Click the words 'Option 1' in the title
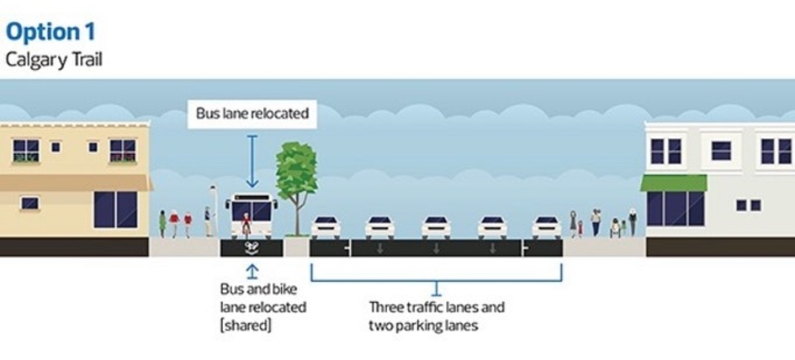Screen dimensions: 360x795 [50, 32]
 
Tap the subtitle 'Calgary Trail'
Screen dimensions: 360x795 [54, 60]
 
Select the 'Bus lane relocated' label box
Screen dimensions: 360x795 [252, 114]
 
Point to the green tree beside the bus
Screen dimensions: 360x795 [296, 177]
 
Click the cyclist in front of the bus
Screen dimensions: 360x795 [246, 224]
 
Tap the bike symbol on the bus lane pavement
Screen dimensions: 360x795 [252, 247]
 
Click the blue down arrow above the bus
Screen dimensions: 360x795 [252, 161]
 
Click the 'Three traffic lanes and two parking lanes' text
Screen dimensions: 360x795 [437, 316]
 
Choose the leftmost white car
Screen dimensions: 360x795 [325, 227]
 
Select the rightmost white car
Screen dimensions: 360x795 [546, 227]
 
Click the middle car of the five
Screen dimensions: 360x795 [436, 227]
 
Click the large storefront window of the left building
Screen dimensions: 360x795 [115, 209]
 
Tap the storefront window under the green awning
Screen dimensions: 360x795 [676, 208]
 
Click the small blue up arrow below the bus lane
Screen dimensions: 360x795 [252, 270]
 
